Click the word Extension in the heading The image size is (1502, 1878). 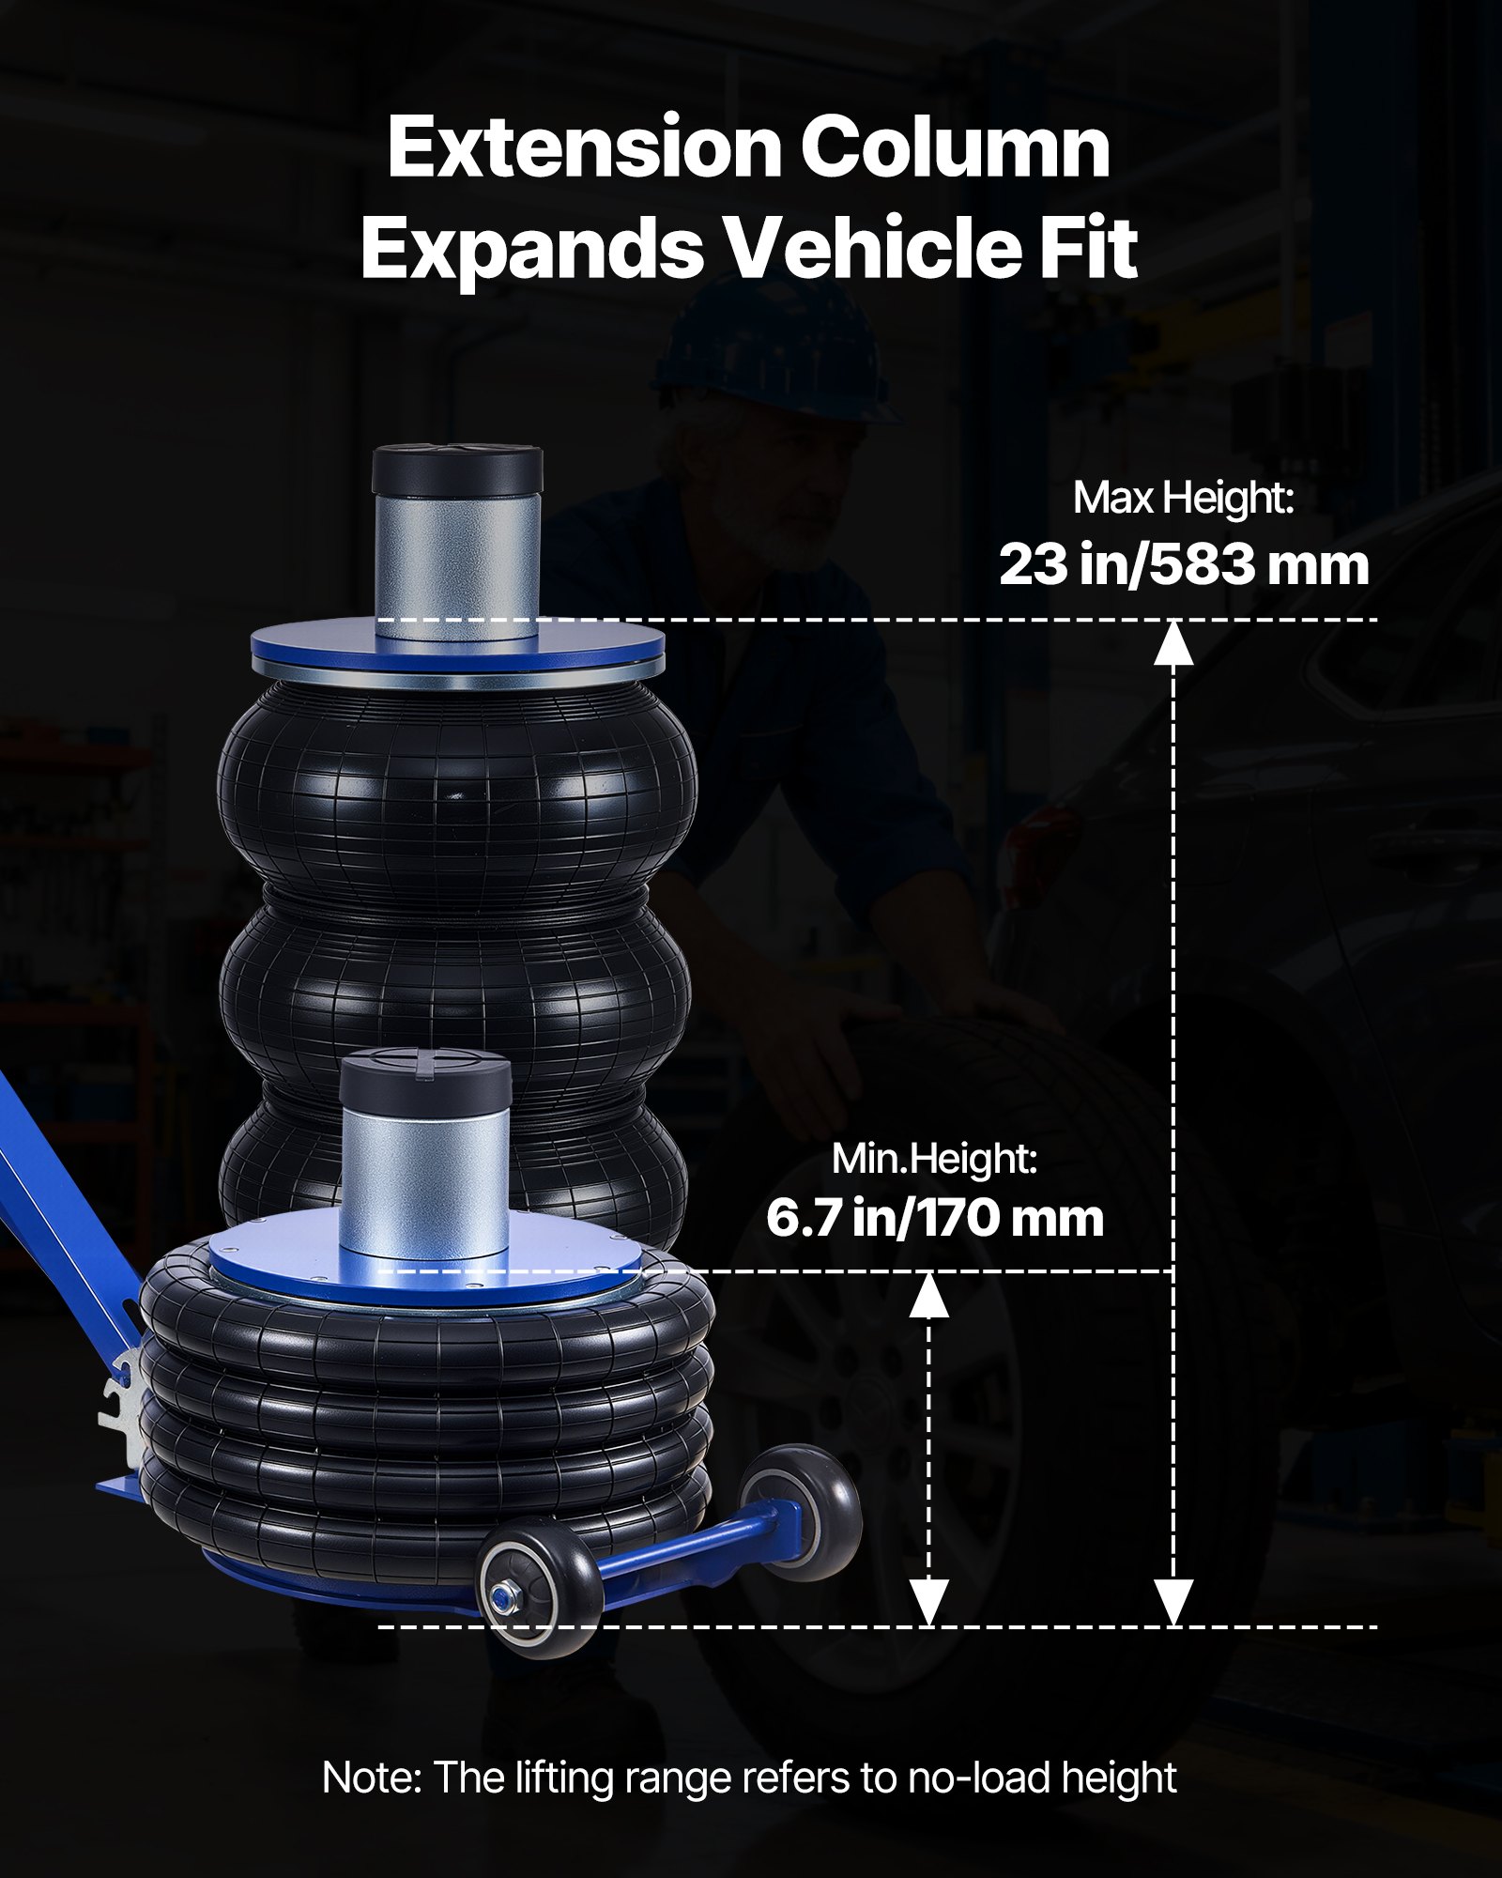pyautogui.click(x=583, y=148)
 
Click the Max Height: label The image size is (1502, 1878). pyautogui.click(x=1183, y=498)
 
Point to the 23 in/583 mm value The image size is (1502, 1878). pyautogui.click(x=1183, y=565)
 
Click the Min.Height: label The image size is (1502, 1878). pyautogui.click(x=934, y=1160)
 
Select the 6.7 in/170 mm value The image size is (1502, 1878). pyautogui.click(x=934, y=1219)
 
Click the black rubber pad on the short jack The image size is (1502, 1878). pyautogui.click(x=425, y=1080)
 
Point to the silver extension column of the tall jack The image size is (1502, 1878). pyautogui.click(x=458, y=573)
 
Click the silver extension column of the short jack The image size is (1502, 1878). pyautogui.click(x=425, y=1183)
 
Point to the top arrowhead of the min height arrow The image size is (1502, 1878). pyautogui.click(x=928, y=1296)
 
